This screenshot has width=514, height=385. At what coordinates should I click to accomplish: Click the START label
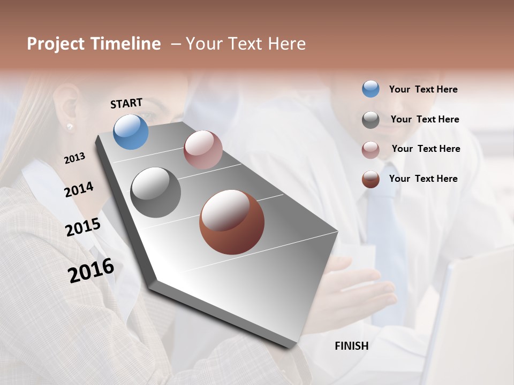[x=126, y=103]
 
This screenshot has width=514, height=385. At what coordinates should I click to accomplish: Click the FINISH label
[x=351, y=346]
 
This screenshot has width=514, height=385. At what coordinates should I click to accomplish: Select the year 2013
[x=74, y=158]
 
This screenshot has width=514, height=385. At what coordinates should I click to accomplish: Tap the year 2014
[x=79, y=189]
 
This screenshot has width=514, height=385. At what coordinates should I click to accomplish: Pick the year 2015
[x=83, y=227]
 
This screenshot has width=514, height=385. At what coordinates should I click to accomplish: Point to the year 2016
[x=91, y=270]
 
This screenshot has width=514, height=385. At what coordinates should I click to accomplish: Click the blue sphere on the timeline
[x=131, y=132]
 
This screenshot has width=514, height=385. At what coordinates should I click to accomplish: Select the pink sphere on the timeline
[x=203, y=149]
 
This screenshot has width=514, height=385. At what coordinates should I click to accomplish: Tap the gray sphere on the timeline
[x=155, y=192]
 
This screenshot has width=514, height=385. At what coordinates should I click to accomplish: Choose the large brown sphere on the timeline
[x=232, y=221]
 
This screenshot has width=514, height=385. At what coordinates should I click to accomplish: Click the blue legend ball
[x=371, y=89]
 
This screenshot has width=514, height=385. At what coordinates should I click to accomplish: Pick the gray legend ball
[x=371, y=120]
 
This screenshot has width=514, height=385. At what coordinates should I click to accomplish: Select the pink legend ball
[x=371, y=149]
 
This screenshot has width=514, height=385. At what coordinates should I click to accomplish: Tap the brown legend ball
[x=371, y=179]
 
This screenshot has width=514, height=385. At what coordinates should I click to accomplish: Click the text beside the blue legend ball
[x=423, y=89]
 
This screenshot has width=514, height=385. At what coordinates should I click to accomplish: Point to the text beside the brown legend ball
[x=423, y=179]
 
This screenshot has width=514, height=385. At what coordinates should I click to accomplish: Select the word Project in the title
[x=56, y=44]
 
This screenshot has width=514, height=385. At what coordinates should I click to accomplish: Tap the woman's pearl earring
[x=69, y=126]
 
